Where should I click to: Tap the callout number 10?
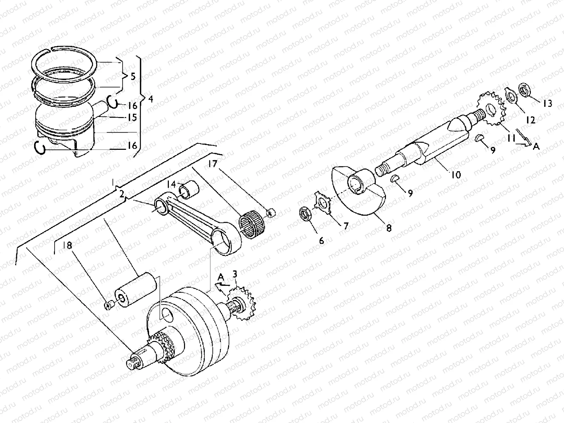456,174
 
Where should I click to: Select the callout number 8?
388,228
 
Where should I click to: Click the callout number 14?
171,184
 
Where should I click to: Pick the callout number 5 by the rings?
133,76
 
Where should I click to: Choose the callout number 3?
234,274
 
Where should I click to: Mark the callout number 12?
530,120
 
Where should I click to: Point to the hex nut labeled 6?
304,214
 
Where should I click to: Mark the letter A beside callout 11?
536,146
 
